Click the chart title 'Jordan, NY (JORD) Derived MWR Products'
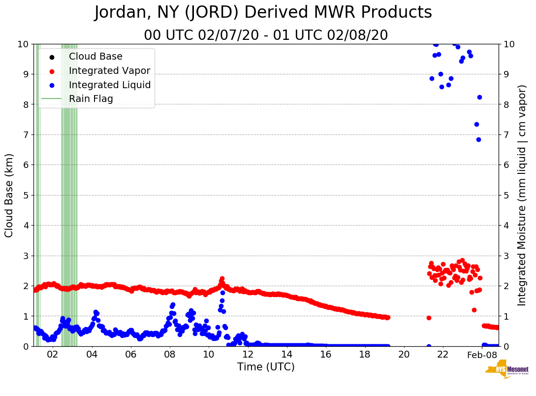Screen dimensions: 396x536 click(x=263, y=13)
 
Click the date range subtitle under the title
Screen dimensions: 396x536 click(x=266, y=35)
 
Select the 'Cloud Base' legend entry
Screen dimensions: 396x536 click(x=95, y=57)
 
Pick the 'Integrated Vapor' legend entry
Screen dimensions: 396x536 click(x=109, y=71)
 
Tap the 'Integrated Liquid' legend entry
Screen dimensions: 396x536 click(x=109, y=85)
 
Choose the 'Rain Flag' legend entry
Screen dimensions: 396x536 click(x=91, y=99)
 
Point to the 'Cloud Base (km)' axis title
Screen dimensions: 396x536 click(x=9, y=195)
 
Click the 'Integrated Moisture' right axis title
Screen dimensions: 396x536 click(x=522, y=195)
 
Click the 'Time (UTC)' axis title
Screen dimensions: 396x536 click(x=266, y=367)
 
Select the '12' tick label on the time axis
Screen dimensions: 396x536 click(x=248, y=355)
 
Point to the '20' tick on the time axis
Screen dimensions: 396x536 click(x=404, y=355)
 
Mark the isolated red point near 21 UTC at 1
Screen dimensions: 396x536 click(x=429, y=318)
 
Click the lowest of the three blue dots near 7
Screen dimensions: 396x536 click(x=478, y=139)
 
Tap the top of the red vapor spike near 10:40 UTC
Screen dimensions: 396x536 click(x=222, y=279)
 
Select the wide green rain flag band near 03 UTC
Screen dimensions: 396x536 click(x=68, y=195)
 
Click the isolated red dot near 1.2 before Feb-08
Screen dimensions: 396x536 click(x=474, y=310)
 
